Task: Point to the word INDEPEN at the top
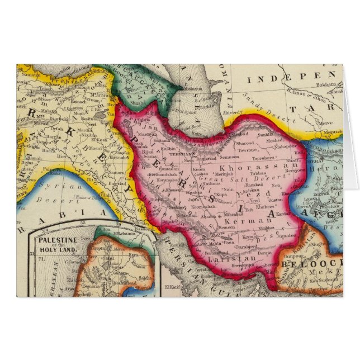click(x=291, y=75)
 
